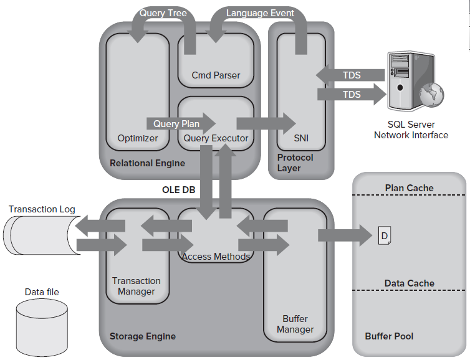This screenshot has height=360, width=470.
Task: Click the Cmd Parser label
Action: click(216, 75)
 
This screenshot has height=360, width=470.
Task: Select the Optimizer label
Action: click(138, 138)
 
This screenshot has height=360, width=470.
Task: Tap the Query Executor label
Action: click(216, 138)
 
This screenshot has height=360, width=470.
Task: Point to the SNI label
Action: click(300, 138)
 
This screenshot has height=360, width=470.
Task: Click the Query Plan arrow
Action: click(180, 123)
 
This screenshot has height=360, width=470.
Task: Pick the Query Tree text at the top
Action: click(163, 13)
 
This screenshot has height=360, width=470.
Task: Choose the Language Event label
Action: click(260, 13)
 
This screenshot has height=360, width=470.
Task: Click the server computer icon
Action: click(413, 81)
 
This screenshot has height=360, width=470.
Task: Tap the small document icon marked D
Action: click(385, 235)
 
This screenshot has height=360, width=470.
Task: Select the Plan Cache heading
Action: click(409, 188)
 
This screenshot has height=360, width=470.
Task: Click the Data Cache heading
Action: click(409, 283)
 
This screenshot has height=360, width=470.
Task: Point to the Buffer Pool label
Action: click(389, 336)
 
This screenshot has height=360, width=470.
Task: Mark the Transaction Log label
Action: click(42, 209)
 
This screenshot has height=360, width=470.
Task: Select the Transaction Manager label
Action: click(137, 286)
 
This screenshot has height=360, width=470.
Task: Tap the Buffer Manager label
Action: click(295, 324)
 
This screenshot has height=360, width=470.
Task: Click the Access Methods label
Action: click(216, 257)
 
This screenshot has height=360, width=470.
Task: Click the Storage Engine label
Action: click(143, 336)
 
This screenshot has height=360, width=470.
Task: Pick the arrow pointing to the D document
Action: click(345, 235)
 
